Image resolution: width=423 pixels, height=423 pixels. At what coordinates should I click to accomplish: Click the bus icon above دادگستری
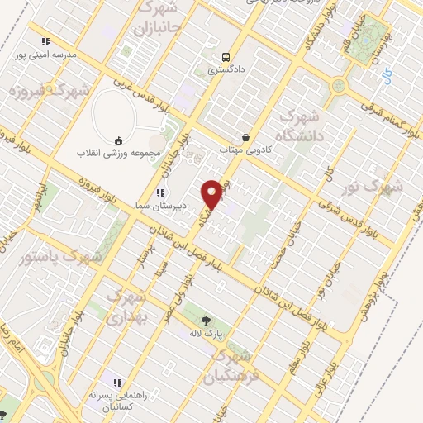pyautogui.click(x=226, y=57)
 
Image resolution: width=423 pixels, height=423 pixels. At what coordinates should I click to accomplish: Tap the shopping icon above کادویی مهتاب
pyautogui.click(x=245, y=136)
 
